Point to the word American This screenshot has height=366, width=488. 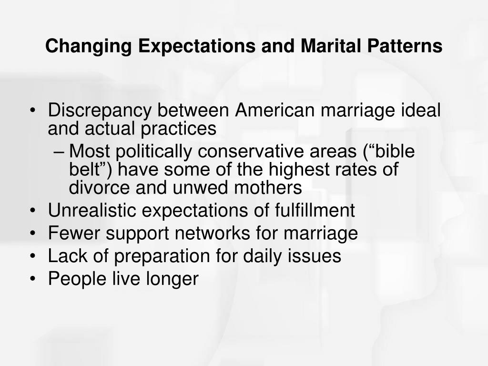pyautogui.click(x=274, y=111)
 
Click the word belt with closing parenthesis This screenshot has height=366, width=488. pyautogui.click(x=89, y=170)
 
